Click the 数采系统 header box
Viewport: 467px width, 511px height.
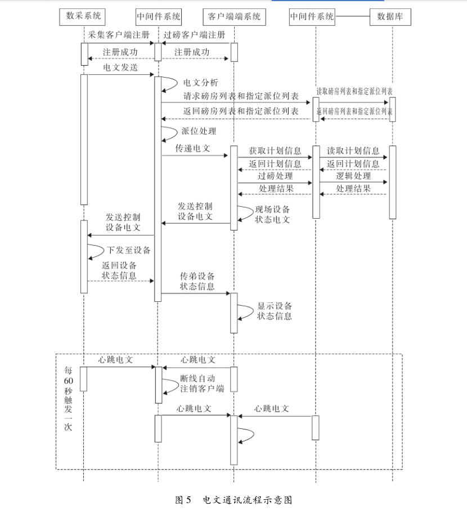click(82, 17)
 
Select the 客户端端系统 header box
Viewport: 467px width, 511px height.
click(234, 17)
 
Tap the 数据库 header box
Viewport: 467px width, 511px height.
click(390, 17)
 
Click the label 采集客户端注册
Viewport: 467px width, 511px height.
click(119, 34)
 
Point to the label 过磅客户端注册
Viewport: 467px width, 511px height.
click(194, 34)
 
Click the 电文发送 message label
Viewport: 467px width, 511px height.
click(120, 67)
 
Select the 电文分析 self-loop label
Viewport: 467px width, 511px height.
click(200, 83)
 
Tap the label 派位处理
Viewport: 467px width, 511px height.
click(199, 131)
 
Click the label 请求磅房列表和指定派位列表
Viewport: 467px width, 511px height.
click(241, 96)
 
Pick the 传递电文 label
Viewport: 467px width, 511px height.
click(193, 148)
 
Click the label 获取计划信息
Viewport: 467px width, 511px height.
click(275, 151)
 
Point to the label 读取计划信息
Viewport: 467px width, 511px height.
click(353, 151)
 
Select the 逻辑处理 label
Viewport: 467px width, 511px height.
click(353, 176)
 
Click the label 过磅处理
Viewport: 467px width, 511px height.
click(275, 176)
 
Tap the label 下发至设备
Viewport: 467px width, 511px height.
click(129, 250)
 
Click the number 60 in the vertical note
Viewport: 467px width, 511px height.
click(69, 381)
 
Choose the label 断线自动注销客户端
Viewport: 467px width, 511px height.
click(202, 383)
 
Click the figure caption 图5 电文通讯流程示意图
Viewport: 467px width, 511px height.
click(234, 500)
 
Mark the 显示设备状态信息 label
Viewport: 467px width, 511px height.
click(275, 311)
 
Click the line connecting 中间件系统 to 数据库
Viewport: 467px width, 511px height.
click(353, 16)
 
